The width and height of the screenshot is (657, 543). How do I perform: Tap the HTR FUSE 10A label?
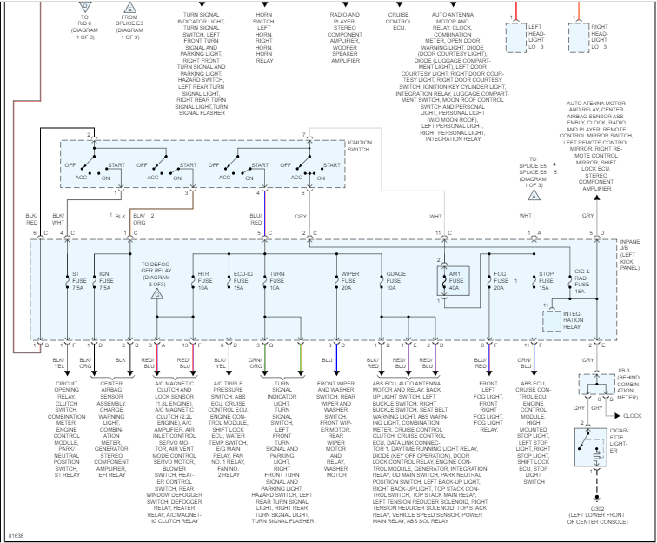click(x=204, y=281)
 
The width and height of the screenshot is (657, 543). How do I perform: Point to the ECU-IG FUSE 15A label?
click(x=242, y=281)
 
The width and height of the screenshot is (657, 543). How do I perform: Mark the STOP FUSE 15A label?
click(x=546, y=281)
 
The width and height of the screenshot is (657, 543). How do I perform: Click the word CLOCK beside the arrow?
click(x=633, y=416)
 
